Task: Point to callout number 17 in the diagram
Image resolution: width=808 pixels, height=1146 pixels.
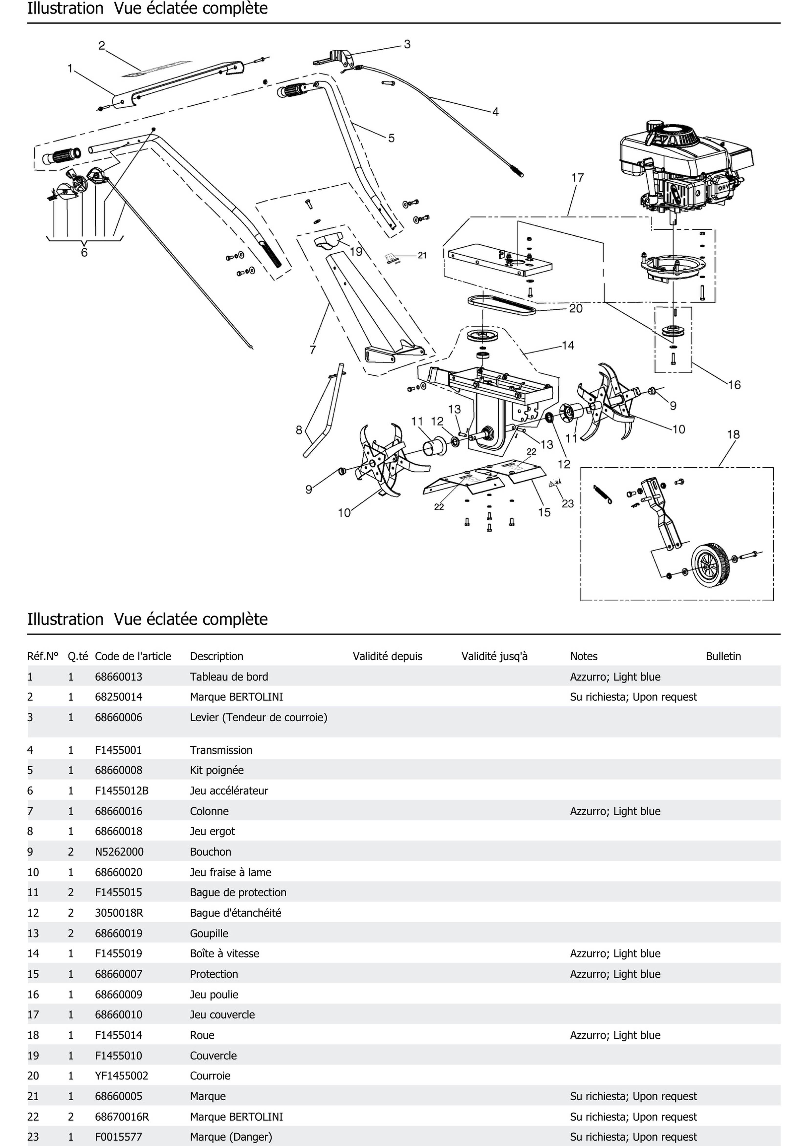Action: point(578,178)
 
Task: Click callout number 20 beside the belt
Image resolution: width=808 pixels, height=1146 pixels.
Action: point(576,309)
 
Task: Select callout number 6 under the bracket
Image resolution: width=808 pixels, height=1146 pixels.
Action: point(84,253)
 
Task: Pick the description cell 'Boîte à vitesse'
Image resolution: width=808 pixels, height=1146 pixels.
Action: point(225,953)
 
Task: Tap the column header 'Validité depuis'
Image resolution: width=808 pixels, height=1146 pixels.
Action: point(387,656)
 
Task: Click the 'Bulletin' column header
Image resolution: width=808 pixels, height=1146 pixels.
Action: point(723,656)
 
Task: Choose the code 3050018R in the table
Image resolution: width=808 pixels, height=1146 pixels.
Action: point(119,913)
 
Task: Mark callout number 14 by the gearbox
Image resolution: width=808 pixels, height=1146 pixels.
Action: point(568,345)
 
